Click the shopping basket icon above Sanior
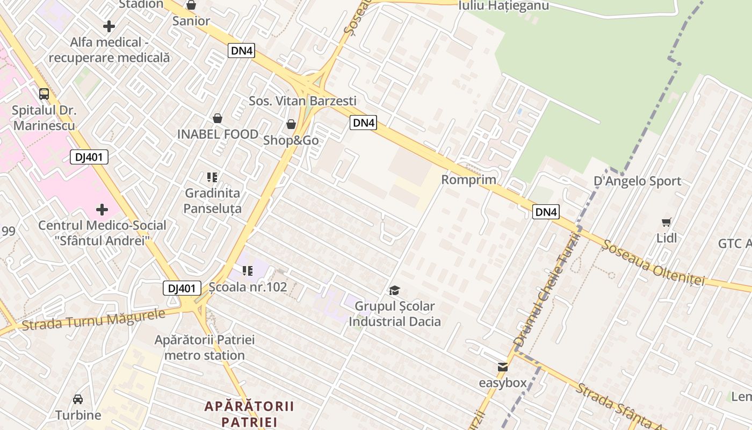point(191,5)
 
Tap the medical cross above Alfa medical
point(109,26)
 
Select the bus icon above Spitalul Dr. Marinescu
point(44,94)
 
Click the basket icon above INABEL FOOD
point(218,118)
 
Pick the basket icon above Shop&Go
point(291,124)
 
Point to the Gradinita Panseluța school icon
point(212,177)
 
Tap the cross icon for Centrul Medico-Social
point(102,210)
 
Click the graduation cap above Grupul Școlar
point(395,291)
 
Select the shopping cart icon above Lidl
point(667,222)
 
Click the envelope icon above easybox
point(503,367)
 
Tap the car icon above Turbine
point(78,399)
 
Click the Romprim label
point(468,180)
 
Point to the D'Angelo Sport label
point(637,181)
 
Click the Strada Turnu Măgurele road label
point(93,320)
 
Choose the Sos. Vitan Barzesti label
point(302,101)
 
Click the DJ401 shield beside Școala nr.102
point(182,288)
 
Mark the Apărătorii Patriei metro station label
point(205,347)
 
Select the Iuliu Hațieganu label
point(503,5)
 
